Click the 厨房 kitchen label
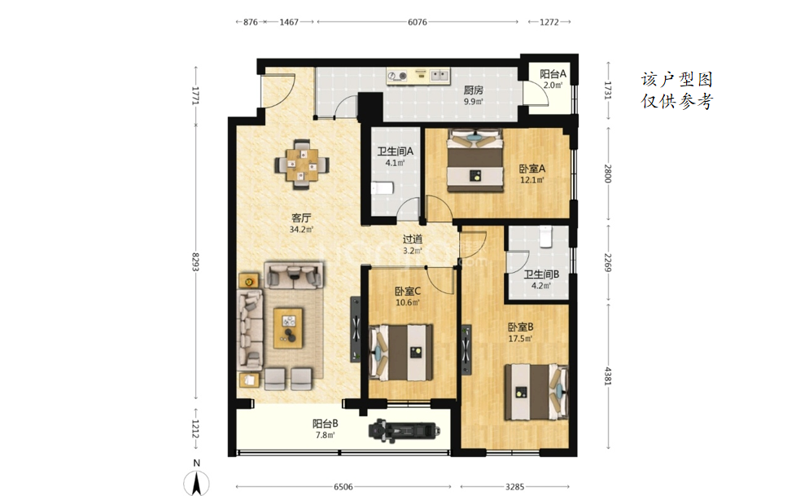point(473,90)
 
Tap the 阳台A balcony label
point(553,74)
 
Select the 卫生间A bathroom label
point(395,151)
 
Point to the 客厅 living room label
point(301,218)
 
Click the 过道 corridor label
point(413,239)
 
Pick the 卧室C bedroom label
point(407,291)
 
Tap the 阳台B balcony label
point(325,424)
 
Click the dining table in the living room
point(302,165)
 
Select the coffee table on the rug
point(288,328)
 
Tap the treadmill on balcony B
point(404,430)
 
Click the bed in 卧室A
point(474,160)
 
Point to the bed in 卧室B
point(536,393)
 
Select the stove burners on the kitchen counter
point(397,76)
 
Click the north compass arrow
point(197,485)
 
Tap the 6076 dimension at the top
point(417,22)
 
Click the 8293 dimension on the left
point(195,261)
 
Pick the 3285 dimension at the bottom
point(514,487)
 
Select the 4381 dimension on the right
point(608,375)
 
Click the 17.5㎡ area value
point(520,339)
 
